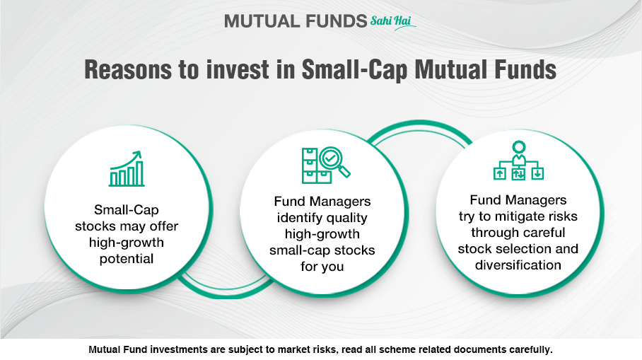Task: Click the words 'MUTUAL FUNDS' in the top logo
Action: (296, 21)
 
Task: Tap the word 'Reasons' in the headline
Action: (128, 69)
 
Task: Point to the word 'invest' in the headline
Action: (238, 69)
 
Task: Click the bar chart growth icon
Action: (127, 169)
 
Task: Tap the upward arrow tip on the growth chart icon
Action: (139, 153)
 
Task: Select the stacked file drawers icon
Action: (316, 166)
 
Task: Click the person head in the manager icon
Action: (519, 146)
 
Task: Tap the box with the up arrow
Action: (499, 174)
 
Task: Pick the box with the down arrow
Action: (537, 174)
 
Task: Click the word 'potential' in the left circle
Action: (127, 260)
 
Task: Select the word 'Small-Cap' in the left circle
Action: (127, 209)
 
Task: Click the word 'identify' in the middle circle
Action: (299, 218)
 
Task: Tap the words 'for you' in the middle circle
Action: (322, 267)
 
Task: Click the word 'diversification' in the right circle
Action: (518, 265)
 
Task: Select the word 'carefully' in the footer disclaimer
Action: (531, 350)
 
